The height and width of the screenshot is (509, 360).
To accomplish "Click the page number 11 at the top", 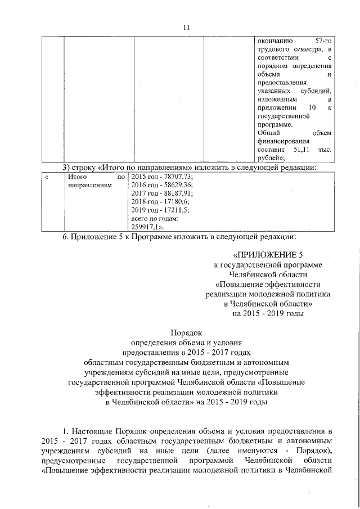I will click(x=188, y=27).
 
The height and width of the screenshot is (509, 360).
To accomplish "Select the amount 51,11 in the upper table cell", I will click(x=301, y=150).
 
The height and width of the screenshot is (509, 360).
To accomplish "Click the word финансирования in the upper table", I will click(x=280, y=142).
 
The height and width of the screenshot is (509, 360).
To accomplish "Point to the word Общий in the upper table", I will click(x=267, y=133).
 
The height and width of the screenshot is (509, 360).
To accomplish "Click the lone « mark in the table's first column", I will click(x=47, y=177).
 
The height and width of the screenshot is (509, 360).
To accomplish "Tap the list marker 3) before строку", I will click(x=66, y=166).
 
